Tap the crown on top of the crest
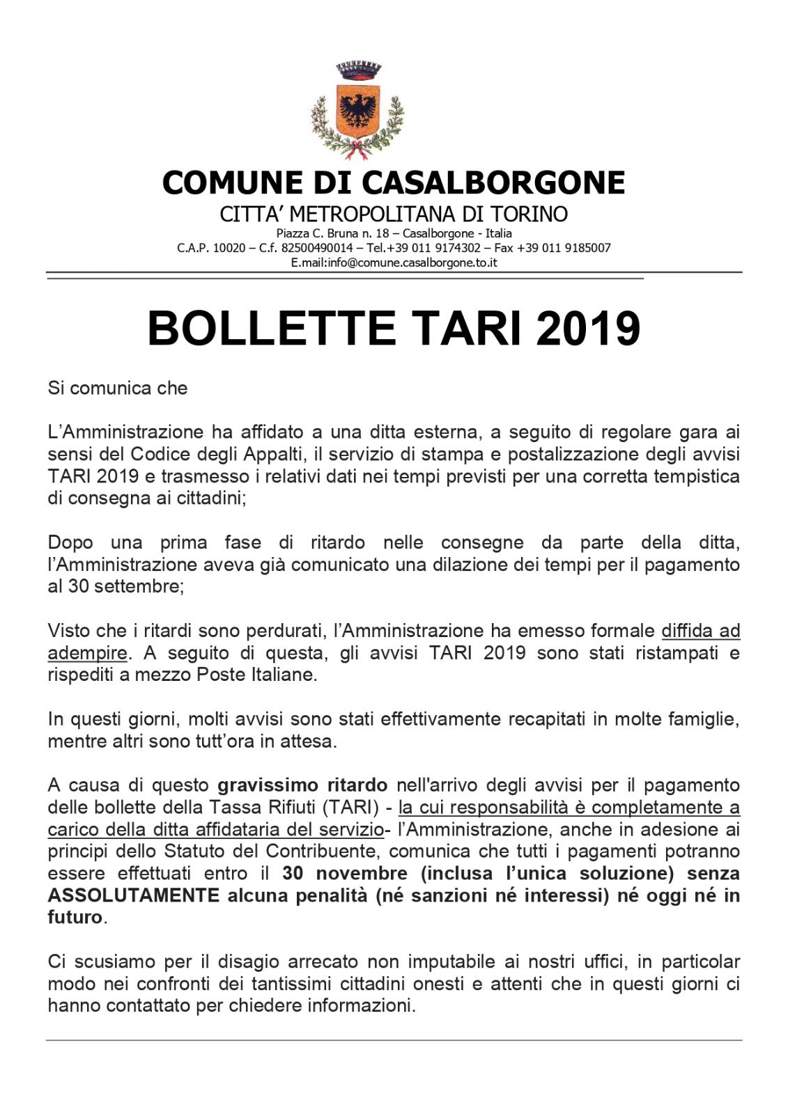[x=358, y=70]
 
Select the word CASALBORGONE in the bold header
[x=493, y=182]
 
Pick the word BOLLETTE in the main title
[x=271, y=329]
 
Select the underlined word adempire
[x=87, y=653]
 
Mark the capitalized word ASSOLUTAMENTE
[x=133, y=895]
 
